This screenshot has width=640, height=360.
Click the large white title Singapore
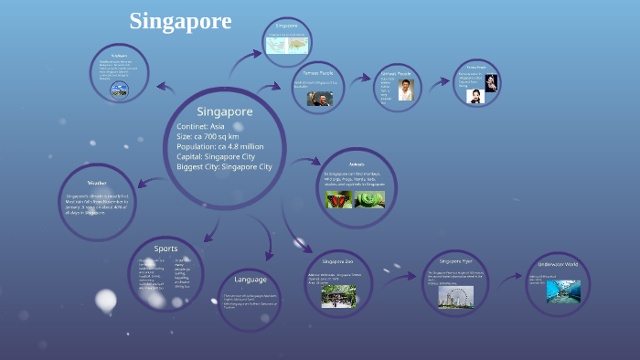(180, 21)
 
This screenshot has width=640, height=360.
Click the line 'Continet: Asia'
(200, 126)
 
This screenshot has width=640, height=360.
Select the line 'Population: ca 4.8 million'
(219, 146)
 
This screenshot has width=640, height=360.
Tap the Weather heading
(97, 182)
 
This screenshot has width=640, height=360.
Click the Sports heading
(165, 248)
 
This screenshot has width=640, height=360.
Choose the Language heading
(250, 279)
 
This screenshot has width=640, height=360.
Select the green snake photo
(371, 198)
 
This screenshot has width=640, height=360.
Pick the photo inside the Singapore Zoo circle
(338, 295)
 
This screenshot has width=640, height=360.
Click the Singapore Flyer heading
(455, 260)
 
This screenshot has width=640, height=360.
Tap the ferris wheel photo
(454, 295)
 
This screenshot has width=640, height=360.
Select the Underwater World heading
(559, 265)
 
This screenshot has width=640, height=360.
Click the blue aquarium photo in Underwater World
(563, 291)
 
